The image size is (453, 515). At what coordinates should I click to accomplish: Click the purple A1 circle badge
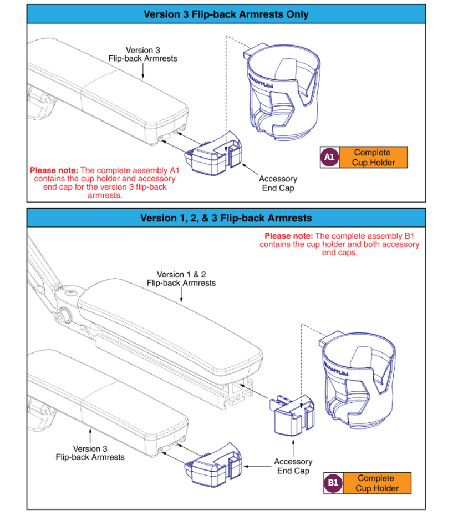[329, 158]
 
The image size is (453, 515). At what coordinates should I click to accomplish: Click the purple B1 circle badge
[333, 483]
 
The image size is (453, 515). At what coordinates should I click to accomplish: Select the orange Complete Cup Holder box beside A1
[373, 158]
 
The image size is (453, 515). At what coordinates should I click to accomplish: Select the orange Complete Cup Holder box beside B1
[377, 483]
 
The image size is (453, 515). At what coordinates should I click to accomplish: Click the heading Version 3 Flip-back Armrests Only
[226, 14]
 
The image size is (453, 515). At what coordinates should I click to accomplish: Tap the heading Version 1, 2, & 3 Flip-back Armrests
[226, 218]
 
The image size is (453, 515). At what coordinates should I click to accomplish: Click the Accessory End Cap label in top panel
[278, 184]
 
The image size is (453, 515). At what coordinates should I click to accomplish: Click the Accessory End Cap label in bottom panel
[293, 466]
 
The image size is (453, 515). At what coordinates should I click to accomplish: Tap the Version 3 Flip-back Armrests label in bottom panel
[90, 452]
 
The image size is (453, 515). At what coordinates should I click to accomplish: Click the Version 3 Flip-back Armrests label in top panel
[143, 54]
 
